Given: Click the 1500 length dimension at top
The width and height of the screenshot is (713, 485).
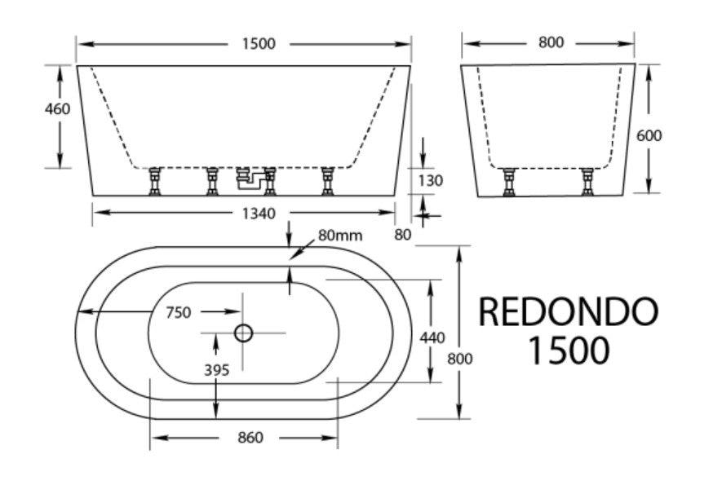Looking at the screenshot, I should tap(258, 43).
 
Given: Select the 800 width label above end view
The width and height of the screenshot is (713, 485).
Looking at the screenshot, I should tap(551, 42).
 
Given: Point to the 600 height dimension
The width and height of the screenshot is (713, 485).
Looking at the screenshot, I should tap(649, 135).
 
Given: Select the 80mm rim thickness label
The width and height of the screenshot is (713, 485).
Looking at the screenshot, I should tap(340, 236).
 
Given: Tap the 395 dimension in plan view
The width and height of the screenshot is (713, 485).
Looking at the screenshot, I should tap(216, 369).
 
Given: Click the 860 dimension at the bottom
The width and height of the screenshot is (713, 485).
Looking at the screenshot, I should tap(250, 438).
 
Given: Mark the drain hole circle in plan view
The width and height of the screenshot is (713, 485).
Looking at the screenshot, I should tap(243, 333).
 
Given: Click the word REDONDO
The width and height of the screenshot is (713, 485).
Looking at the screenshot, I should tap(567, 311).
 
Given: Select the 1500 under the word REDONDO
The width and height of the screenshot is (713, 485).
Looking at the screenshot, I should tap(568, 351).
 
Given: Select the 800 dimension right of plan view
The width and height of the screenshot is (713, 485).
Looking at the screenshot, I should tap(461, 358).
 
